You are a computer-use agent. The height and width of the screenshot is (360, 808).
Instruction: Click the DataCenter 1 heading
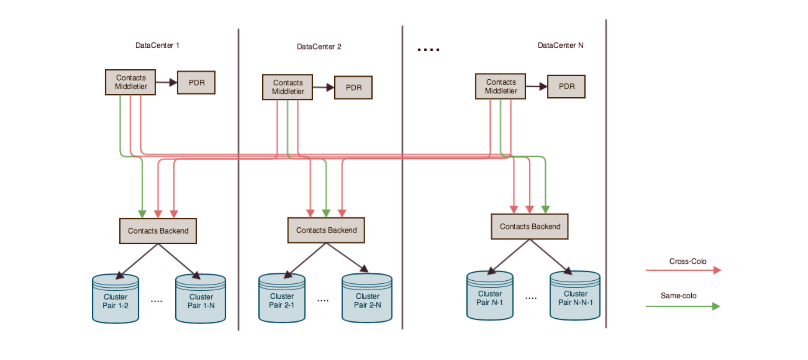pyautogui.click(x=157, y=45)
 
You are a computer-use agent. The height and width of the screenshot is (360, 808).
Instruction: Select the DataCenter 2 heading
pyautogui.click(x=319, y=47)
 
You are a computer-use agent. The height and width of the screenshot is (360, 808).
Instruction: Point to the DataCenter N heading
pyautogui.click(x=560, y=45)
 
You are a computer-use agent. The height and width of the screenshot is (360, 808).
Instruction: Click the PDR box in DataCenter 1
pyautogui.click(x=196, y=83)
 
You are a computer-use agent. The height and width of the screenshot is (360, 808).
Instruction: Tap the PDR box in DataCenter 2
pyautogui.click(x=353, y=87)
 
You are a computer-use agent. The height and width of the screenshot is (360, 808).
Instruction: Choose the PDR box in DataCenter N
pyautogui.click(x=566, y=87)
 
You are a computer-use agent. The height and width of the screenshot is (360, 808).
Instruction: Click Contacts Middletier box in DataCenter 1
pyautogui.click(x=131, y=82)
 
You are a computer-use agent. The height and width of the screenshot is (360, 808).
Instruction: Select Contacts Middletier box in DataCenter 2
pyautogui.click(x=287, y=87)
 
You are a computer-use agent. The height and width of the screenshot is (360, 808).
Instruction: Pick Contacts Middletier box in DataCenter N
pyautogui.click(x=500, y=86)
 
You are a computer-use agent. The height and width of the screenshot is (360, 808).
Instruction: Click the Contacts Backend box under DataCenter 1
pyautogui.click(x=158, y=231)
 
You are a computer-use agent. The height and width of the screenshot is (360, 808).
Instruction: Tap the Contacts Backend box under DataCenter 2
pyautogui.click(x=326, y=230)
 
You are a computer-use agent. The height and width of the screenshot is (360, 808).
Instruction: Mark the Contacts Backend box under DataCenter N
pyautogui.click(x=530, y=227)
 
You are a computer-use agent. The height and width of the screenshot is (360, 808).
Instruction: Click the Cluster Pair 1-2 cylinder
pyautogui.click(x=115, y=299)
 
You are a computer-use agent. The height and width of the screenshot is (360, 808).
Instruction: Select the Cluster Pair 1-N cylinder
pyautogui.click(x=201, y=299)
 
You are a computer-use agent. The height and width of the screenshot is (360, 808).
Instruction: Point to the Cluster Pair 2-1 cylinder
pyautogui.click(x=282, y=299)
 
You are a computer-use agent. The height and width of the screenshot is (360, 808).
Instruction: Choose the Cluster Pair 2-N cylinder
pyautogui.click(x=367, y=299)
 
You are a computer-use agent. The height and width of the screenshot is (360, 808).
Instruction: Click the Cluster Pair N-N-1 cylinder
pyautogui.click(x=575, y=296)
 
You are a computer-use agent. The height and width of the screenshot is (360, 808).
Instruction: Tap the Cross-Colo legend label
pyautogui.click(x=687, y=261)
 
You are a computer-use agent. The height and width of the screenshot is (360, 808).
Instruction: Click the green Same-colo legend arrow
pyautogui.click(x=683, y=306)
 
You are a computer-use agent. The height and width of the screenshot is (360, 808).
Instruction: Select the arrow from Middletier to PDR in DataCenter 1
pyautogui.click(x=166, y=82)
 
